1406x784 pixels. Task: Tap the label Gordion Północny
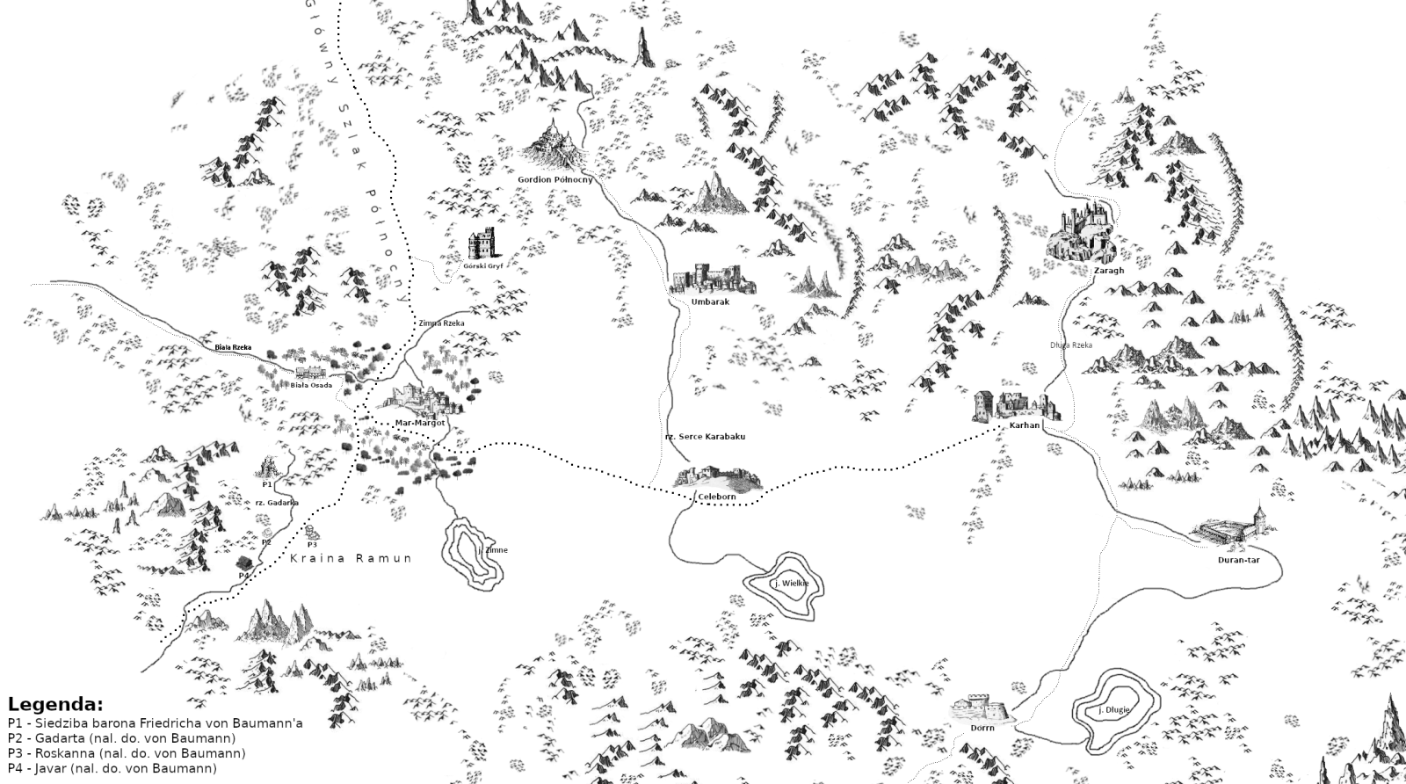tap(554, 179)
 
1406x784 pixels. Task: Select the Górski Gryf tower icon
tap(482, 244)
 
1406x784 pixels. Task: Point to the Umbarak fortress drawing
tap(711, 279)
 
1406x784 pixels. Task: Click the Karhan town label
tap(1025, 425)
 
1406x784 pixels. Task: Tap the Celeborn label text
tap(716, 497)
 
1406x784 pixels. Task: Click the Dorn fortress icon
tap(981, 708)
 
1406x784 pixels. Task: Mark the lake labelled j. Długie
tap(1113, 709)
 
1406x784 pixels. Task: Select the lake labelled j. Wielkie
tap(791, 584)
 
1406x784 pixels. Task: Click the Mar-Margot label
tap(420, 423)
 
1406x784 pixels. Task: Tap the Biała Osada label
tap(311, 385)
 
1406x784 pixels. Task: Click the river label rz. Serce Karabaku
tap(705, 437)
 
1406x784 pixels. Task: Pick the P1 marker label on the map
tap(267, 484)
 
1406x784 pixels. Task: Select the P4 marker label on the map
tap(244, 575)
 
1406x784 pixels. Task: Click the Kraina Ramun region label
tap(351, 558)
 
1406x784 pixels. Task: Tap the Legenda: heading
tap(55, 705)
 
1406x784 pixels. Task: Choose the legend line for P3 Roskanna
tap(127, 753)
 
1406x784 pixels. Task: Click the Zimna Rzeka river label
tap(441, 323)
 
